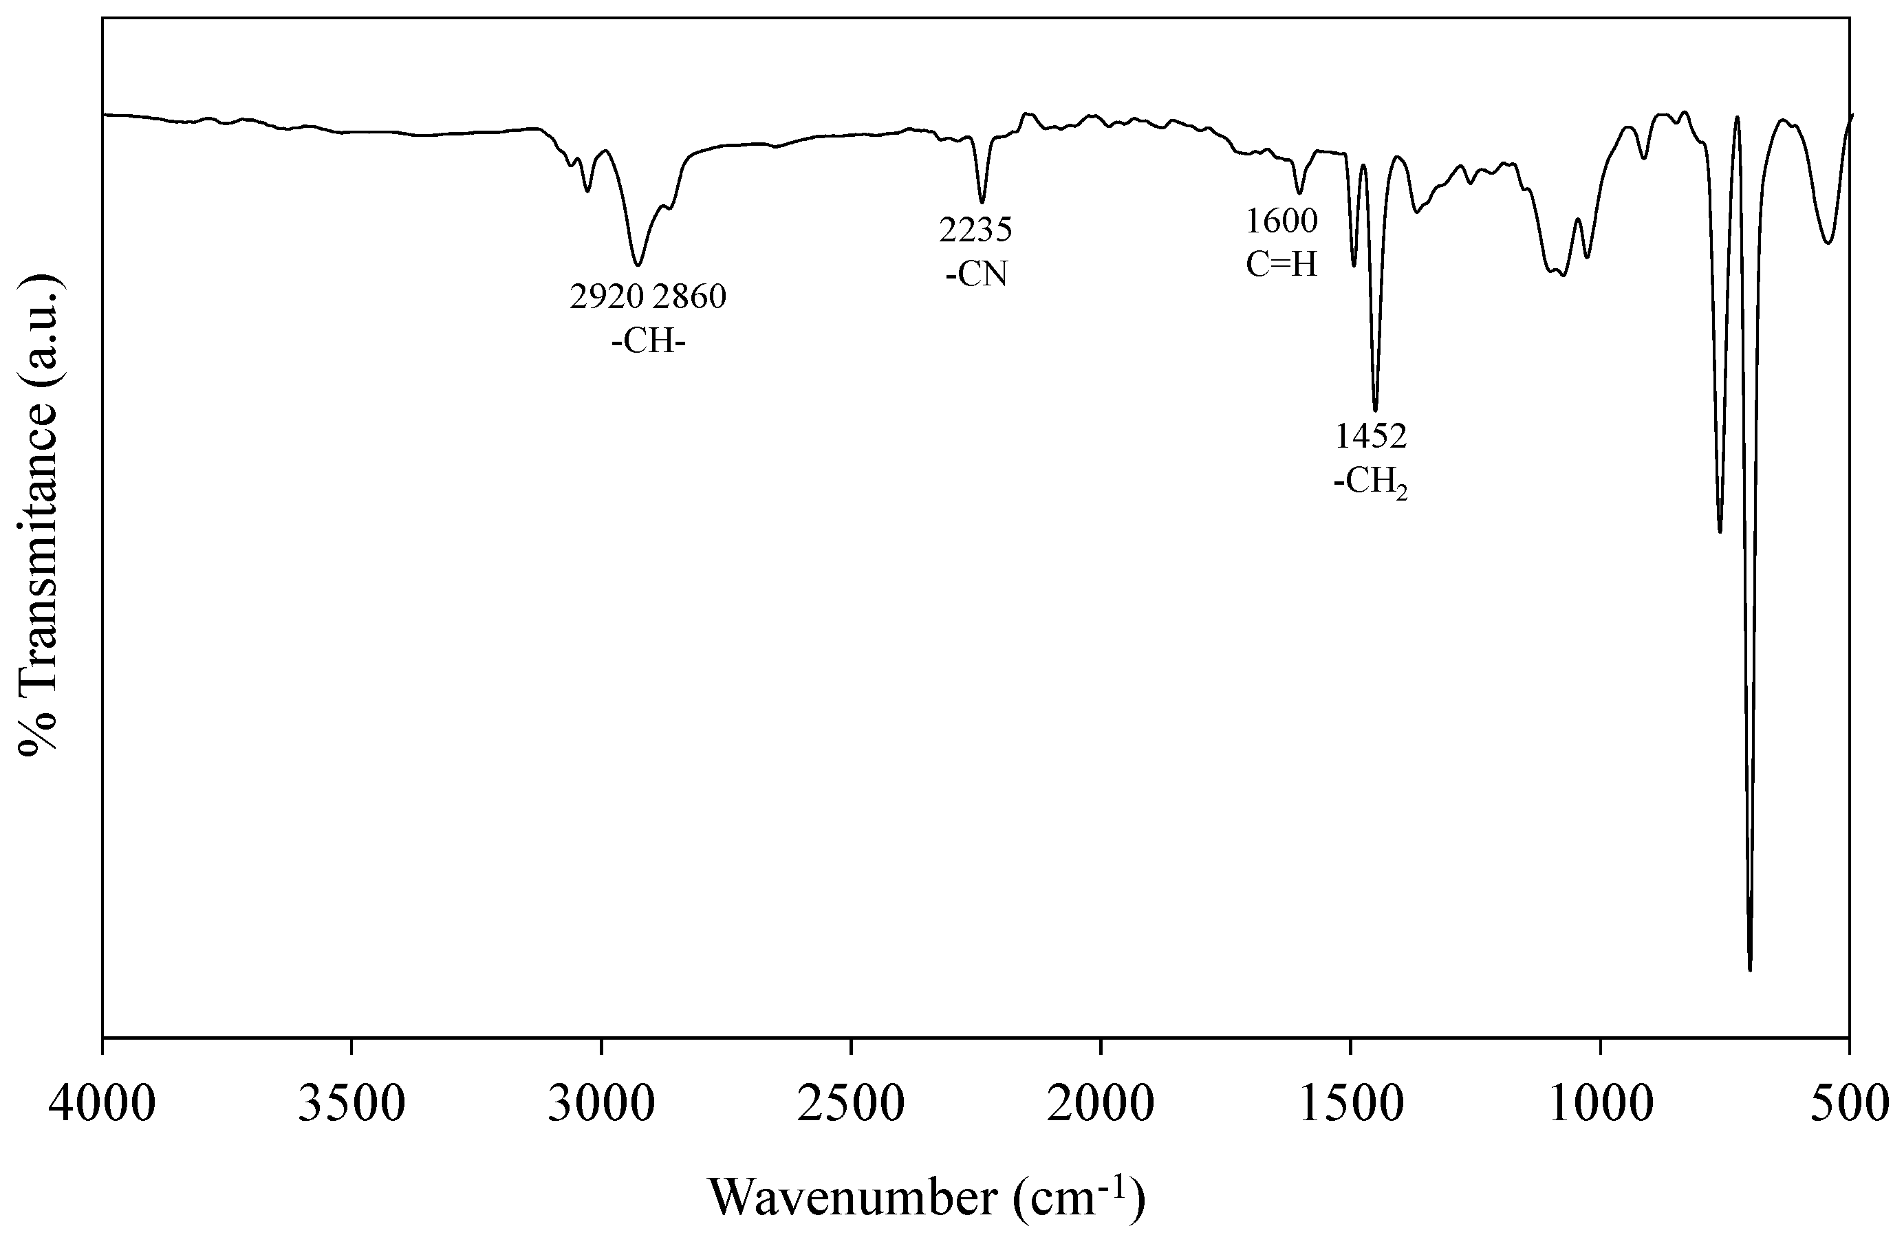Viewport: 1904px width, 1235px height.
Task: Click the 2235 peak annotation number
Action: (x=976, y=230)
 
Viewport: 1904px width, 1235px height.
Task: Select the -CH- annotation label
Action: (x=648, y=342)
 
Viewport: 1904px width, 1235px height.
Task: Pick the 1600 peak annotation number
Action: (x=1281, y=221)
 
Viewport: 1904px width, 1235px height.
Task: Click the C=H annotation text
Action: (x=1281, y=265)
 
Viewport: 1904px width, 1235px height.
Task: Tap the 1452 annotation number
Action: (x=1371, y=437)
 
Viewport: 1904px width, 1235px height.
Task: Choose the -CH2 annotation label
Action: (x=1371, y=483)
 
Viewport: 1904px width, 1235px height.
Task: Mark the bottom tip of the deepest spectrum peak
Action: (x=1750, y=970)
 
